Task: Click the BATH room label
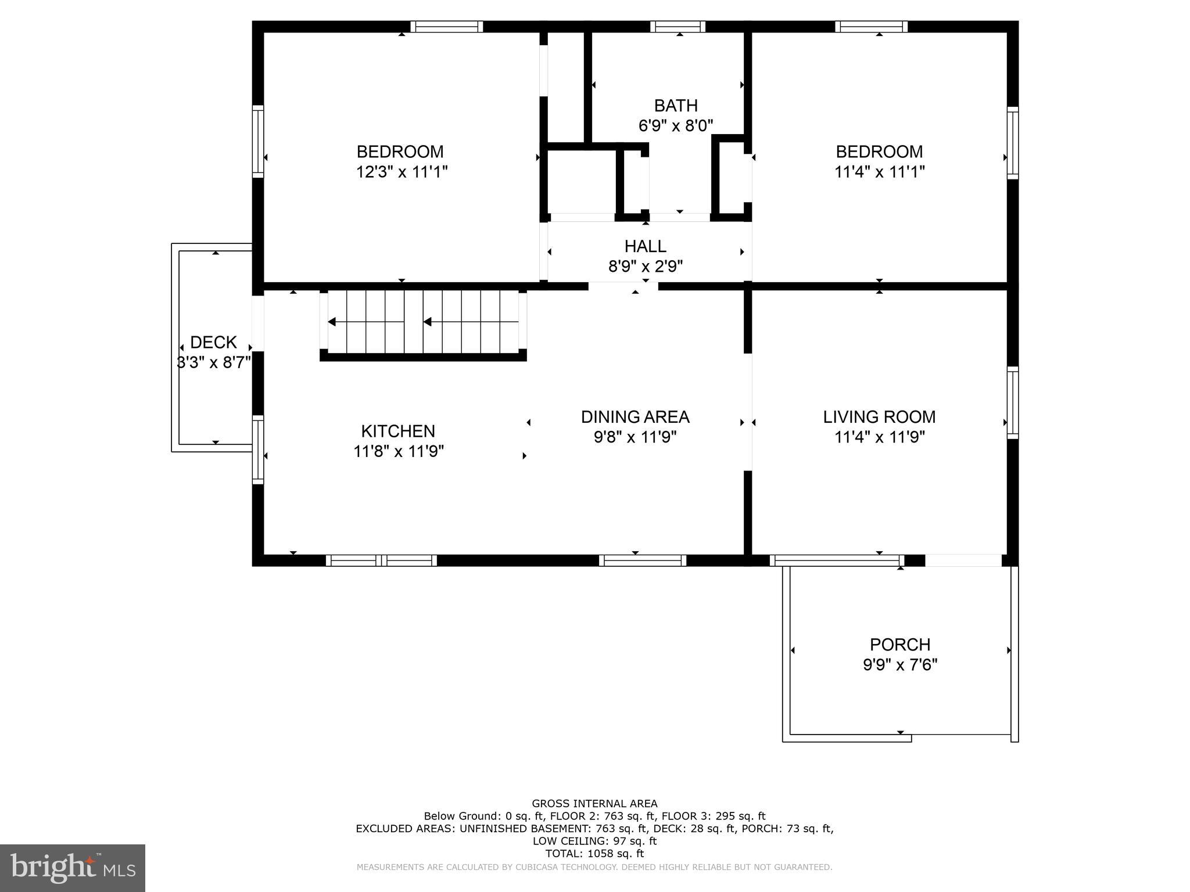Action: click(675, 106)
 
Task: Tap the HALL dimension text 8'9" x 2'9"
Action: click(645, 267)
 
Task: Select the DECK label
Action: click(213, 342)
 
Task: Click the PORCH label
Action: click(899, 645)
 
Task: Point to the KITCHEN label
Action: click(398, 431)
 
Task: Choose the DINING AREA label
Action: click(635, 417)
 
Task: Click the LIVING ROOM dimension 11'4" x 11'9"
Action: click(879, 437)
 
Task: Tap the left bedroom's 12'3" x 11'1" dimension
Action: click(402, 172)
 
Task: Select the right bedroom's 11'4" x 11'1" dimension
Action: click(879, 172)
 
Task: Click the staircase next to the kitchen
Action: click(424, 322)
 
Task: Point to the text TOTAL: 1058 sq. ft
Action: click(594, 854)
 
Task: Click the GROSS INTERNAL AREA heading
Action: click(594, 804)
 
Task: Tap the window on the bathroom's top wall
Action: click(678, 27)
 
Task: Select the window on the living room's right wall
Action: click(1012, 402)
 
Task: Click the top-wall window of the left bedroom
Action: click(447, 27)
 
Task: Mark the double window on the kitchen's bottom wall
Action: click(381, 560)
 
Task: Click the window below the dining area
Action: click(643, 560)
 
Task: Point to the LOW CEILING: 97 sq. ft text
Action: click(594, 841)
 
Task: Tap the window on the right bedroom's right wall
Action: click(1012, 143)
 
